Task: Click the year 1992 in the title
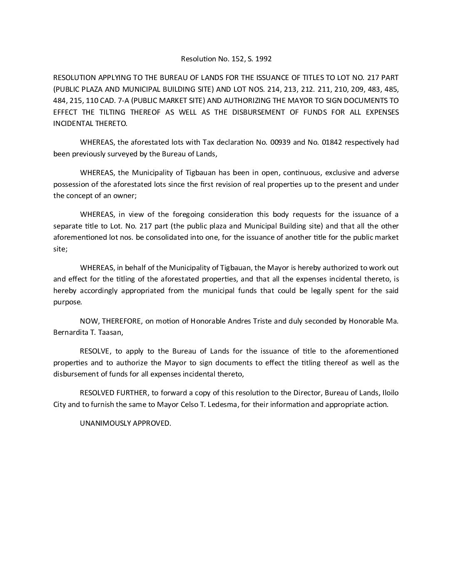click(263, 59)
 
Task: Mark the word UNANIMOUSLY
click(105, 423)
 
